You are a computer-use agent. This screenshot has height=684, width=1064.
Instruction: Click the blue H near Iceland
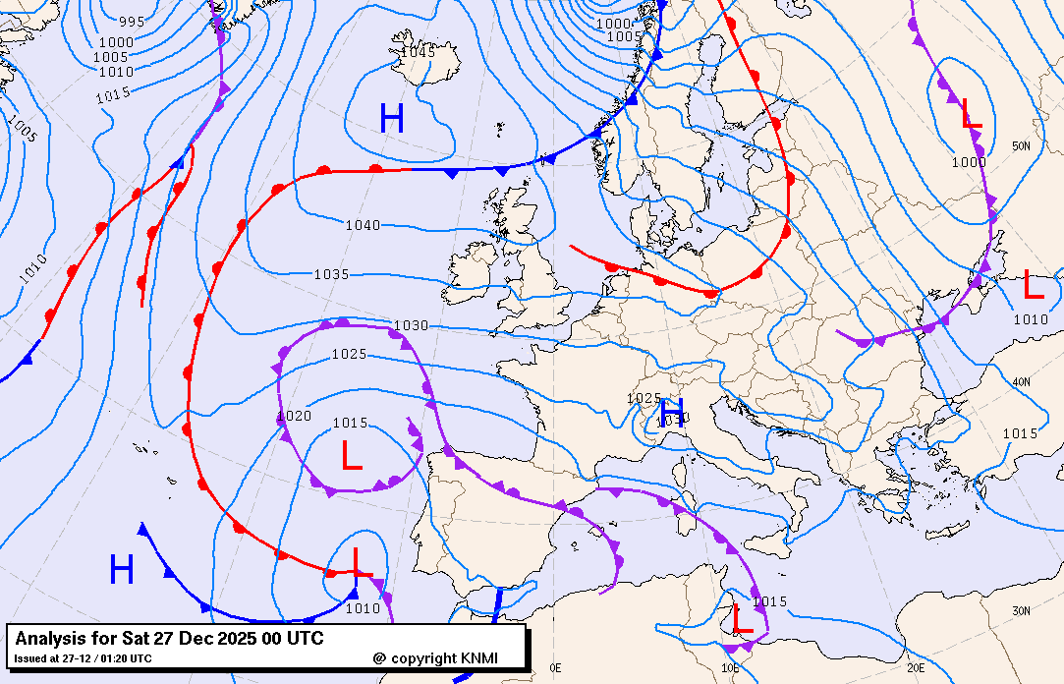coord(392,119)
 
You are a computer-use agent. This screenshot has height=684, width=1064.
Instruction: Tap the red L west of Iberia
coord(351,455)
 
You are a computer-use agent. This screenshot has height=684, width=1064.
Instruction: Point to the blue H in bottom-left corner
coord(121,570)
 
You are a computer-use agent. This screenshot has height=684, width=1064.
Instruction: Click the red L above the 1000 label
coord(971,114)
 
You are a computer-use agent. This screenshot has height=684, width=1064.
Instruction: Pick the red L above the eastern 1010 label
coord(1033,285)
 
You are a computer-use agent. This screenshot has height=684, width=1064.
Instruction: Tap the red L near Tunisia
coord(743,619)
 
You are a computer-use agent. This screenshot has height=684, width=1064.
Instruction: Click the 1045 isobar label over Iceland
coord(418,52)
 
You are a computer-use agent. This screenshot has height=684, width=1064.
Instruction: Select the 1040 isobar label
coord(362,225)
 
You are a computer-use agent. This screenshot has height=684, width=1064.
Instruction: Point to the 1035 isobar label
coord(331,274)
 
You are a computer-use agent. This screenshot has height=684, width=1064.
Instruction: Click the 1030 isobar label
coord(411,325)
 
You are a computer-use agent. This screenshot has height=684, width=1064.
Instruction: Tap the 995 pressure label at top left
coord(132,22)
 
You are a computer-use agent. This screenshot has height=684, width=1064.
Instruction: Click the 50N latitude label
coord(1021,145)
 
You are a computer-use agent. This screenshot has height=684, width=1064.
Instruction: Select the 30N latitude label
coord(1022,610)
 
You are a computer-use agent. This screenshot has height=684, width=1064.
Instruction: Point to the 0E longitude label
coord(556,667)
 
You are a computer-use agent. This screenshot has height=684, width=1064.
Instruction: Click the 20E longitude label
coord(915,667)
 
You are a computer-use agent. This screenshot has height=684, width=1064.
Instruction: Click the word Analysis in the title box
coord(51,639)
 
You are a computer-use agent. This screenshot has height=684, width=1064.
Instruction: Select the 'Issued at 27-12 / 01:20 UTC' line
coord(84,658)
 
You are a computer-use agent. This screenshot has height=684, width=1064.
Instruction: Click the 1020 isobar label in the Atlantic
coord(295,416)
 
